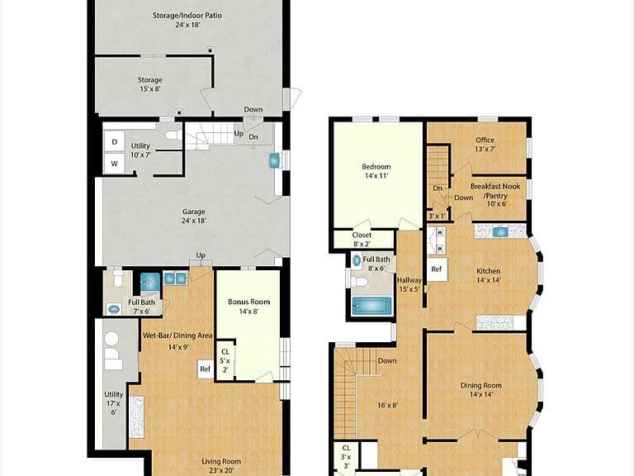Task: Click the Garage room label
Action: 194,212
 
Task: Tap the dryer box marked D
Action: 115,141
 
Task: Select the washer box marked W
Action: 115,164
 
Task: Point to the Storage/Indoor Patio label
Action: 187,16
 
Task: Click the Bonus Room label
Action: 248,302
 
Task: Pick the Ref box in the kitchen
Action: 437,269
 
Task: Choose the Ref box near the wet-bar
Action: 206,369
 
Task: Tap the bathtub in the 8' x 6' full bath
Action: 371,306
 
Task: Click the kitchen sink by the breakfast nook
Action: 500,232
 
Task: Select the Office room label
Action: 485,140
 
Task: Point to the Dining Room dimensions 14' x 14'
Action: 480,395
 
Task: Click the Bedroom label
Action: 376,167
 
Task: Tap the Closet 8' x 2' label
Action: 362,240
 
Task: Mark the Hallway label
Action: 409,280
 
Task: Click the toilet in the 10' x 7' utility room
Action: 174,136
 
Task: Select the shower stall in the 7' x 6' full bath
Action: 150,282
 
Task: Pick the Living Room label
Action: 221,461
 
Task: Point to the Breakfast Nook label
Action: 495,187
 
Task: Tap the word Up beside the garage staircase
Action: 239,133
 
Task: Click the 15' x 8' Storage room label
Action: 150,84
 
